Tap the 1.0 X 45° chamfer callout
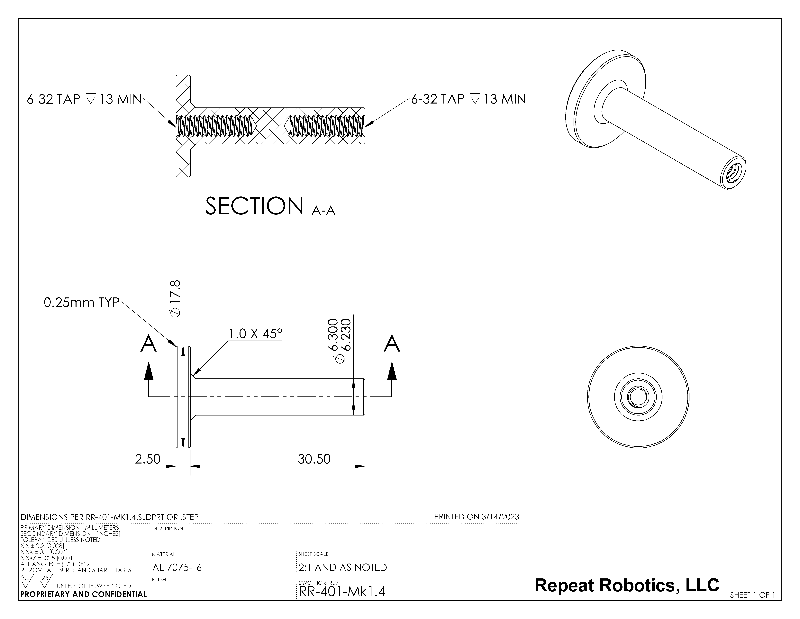pos(256,334)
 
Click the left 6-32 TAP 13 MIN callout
pos(84,99)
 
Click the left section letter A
pos(148,344)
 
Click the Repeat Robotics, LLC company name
pos(627,585)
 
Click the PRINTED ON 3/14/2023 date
pos(476,517)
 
